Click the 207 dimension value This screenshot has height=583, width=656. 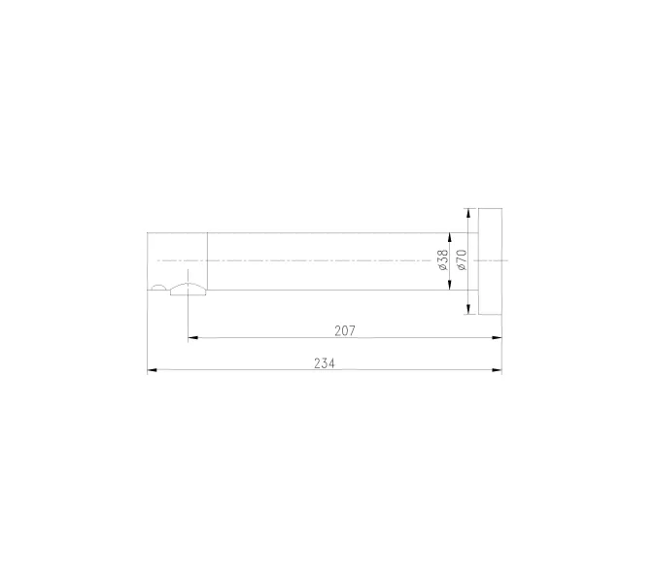[345, 330]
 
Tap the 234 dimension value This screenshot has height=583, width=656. [325, 363]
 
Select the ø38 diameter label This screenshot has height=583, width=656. [443, 260]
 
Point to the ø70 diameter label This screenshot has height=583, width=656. [462, 260]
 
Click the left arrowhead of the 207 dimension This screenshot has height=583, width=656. [192, 337]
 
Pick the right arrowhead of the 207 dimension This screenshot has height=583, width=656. [497, 337]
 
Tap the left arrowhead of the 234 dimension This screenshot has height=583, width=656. [153, 370]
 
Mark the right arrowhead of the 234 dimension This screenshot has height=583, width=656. [497, 370]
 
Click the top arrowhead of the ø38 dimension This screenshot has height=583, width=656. [450, 238]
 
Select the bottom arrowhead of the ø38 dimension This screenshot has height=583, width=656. [450, 285]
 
